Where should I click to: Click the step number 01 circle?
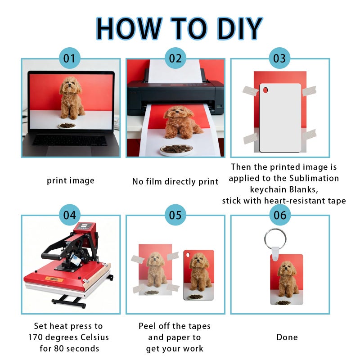pyautogui.click(x=70, y=58)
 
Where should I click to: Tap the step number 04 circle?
pyautogui.click(x=70, y=215)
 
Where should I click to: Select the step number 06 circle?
pyautogui.click(x=280, y=215)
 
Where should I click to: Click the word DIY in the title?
pyautogui.click(x=240, y=28)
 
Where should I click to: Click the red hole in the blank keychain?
pyautogui.click(x=265, y=90)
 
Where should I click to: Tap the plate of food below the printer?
pyautogui.click(x=176, y=149)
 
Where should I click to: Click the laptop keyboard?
pyautogui.click(x=70, y=140)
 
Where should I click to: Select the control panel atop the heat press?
pyautogui.click(x=84, y=226)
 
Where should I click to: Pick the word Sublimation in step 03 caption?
pyautogui.click(x=314, y=178)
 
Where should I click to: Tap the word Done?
pyautogui.click(x=287, y=337)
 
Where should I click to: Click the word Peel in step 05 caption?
pyautogui.click(x=147, y=326)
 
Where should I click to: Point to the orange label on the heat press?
pyautogui.click(x=54, y=279)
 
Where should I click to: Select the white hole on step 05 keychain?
pyautogui.click(x=188, y=255)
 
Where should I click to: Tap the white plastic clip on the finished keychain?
pyautogui.click(x=275, y=253)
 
